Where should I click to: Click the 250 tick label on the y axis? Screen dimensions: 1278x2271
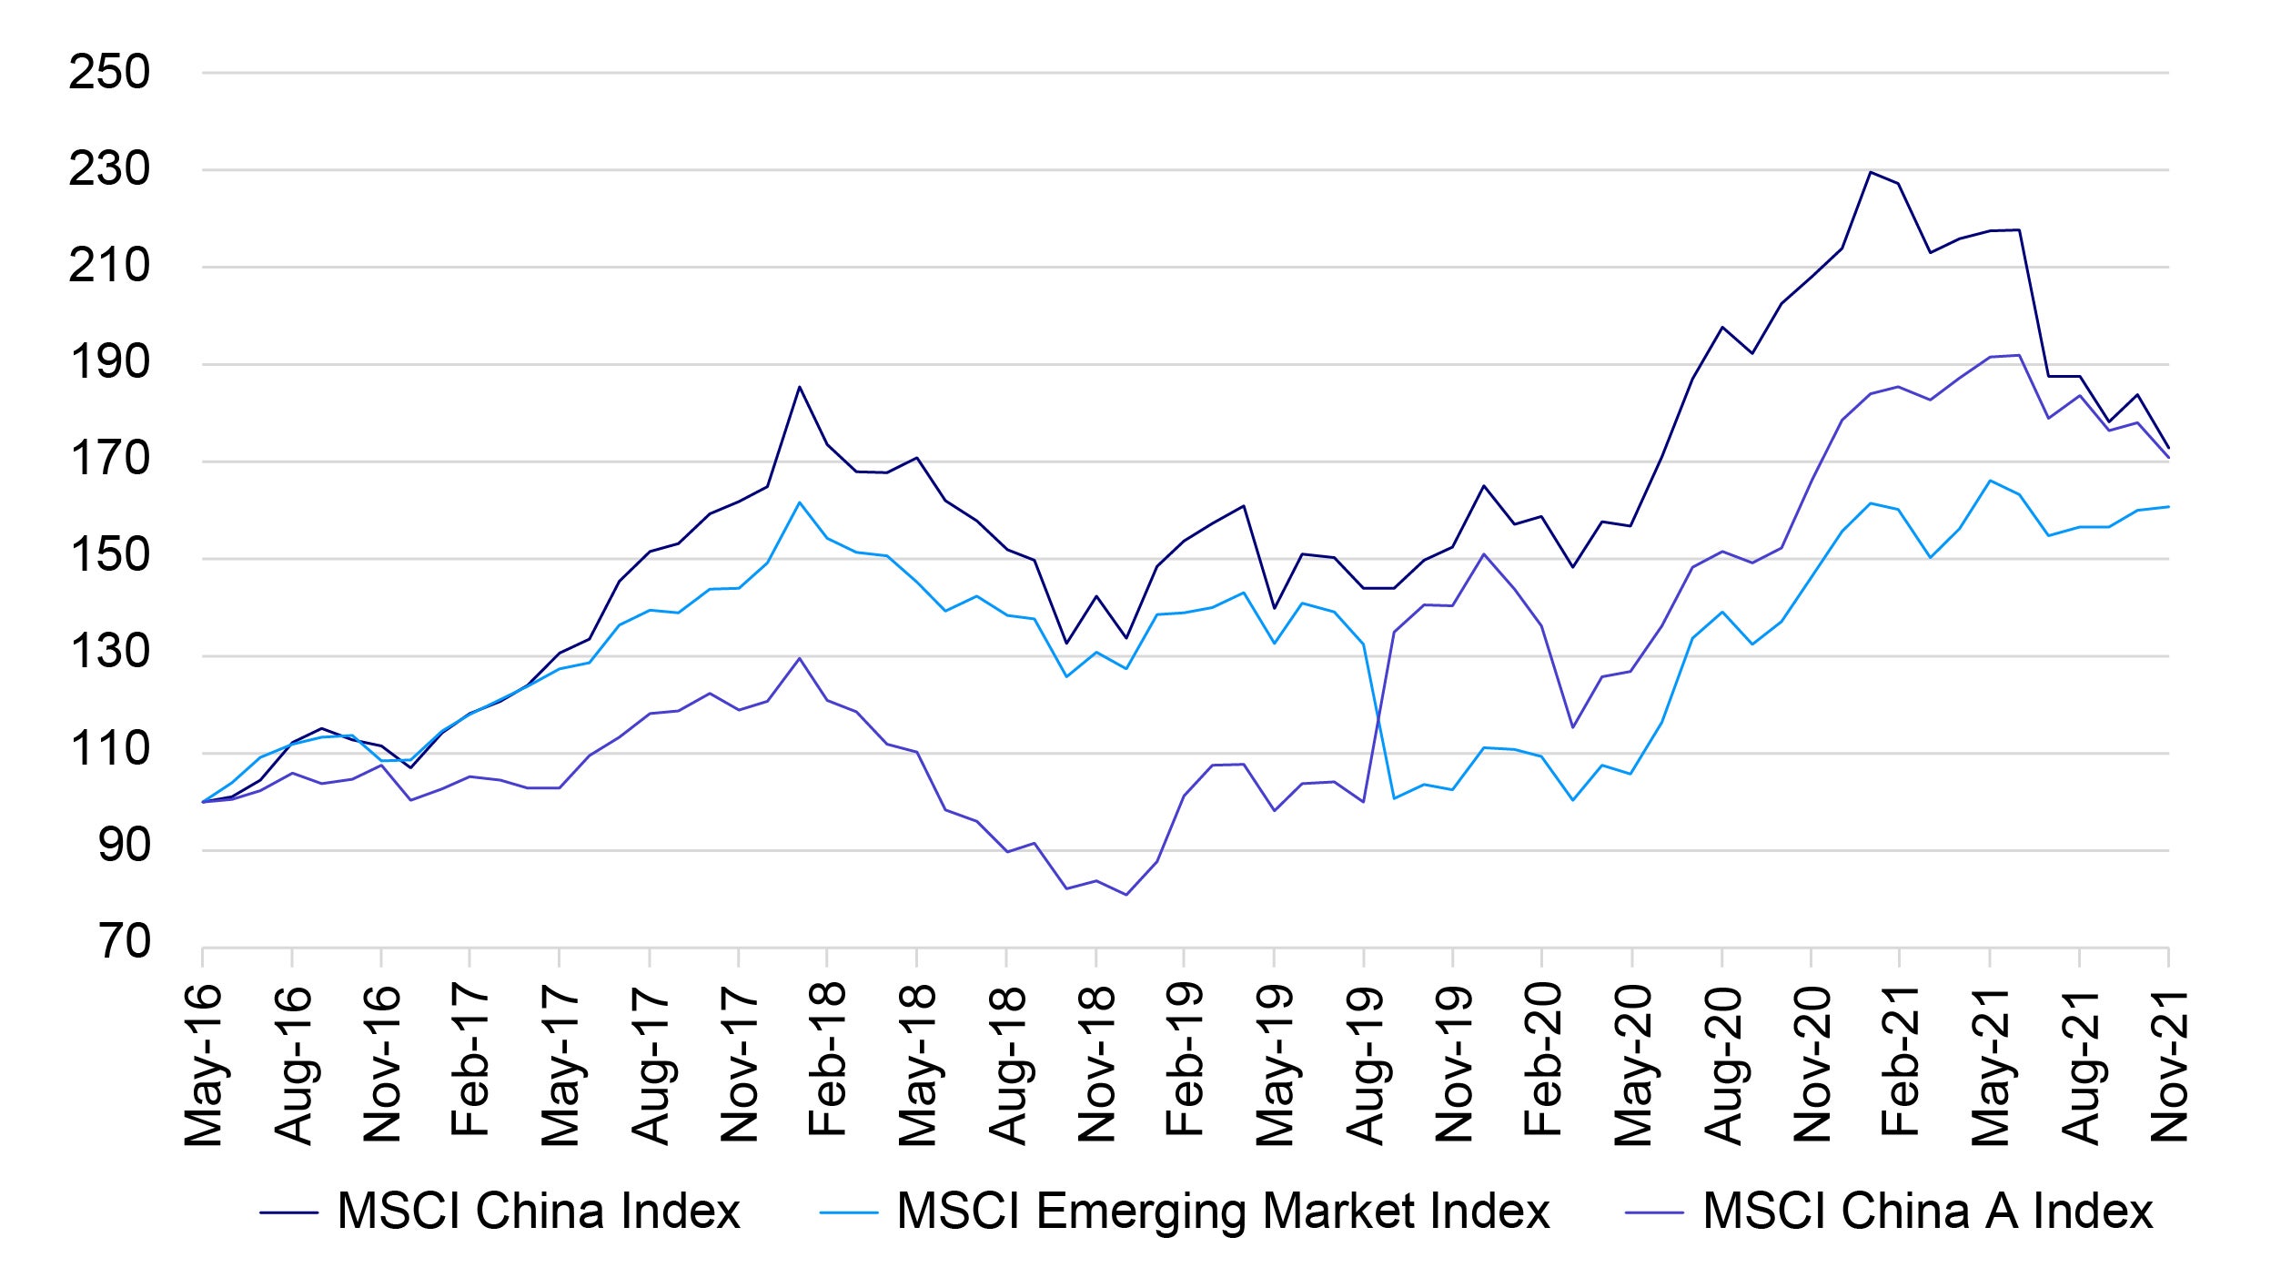[109, 73]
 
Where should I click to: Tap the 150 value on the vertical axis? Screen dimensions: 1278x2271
[109, 555]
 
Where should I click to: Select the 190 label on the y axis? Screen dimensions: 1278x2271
[109, 362]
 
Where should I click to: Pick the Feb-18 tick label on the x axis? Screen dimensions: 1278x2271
[827, 1060]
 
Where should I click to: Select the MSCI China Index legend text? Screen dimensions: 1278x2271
[539, 1212]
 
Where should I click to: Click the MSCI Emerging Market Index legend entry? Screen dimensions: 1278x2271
[1223, 1212]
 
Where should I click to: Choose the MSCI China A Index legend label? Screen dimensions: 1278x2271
[1927, 1212]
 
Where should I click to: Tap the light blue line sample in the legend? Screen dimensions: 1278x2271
[848, 1212]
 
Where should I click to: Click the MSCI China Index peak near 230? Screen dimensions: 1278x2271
[1870, 172]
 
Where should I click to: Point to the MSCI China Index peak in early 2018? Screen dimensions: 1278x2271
[799, 387]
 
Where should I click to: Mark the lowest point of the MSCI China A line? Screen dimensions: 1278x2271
[1126, 895]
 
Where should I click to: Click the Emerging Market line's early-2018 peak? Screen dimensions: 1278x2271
[799, 502]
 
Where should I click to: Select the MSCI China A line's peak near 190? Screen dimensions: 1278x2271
[2019, 355]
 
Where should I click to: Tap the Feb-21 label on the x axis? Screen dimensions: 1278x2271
[1900, 1060]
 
